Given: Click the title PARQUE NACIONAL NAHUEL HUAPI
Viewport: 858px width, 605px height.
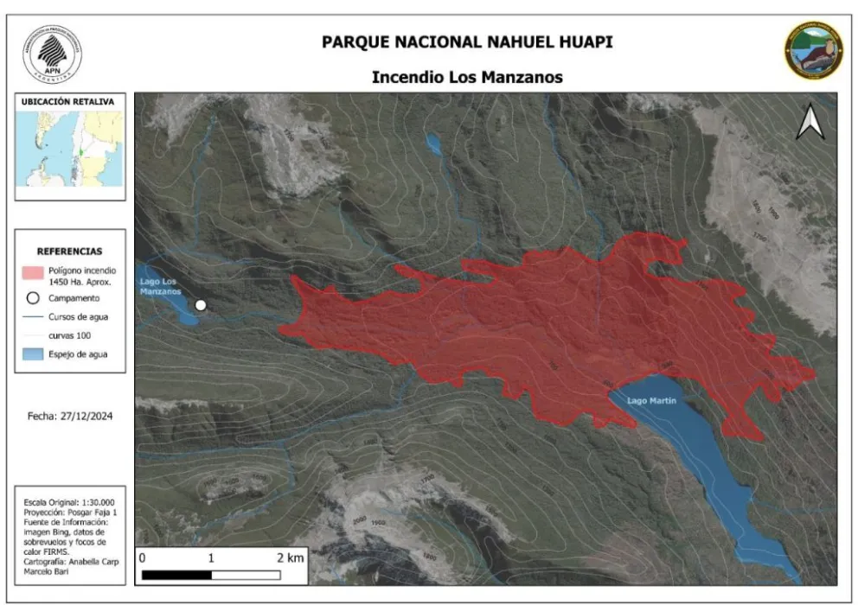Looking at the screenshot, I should pyautogui.click(x=467, y=41).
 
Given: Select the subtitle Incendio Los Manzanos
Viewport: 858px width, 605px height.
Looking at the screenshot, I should pyautogui.click(x=467, y=77).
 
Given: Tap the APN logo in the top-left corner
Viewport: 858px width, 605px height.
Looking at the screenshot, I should pyautogui.click(x=53, y=53).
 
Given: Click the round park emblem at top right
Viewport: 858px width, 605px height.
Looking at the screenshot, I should pyautogui.click(x=813, y=50).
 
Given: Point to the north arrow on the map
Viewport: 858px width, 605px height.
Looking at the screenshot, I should pyautogui.click(x=810, y=122).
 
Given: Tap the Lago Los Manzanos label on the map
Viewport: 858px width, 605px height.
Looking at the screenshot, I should pyautogui.click(x=162, y=286).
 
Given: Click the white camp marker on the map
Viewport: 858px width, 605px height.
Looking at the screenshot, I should pyautogui.click(x=201, y=305).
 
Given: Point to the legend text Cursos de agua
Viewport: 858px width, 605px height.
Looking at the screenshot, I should pyautogui.click(x=78, y=317).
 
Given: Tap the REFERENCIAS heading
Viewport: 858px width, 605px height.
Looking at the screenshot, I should pyautogui.click(x=69, y=252).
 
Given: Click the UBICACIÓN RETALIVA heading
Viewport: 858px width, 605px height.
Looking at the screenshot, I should pyautogui.click(x=68, y=102).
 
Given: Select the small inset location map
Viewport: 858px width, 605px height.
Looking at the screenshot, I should pyautogui.click(x=69, y=150).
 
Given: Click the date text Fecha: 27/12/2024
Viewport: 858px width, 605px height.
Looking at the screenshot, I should pyautogui.click(x=70, y=417).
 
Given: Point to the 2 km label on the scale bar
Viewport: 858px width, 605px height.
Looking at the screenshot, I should pyautogui.click(x=291, y=558).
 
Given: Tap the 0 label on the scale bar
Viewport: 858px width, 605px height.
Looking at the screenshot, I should pyautogui.click(x=142, y=558).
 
